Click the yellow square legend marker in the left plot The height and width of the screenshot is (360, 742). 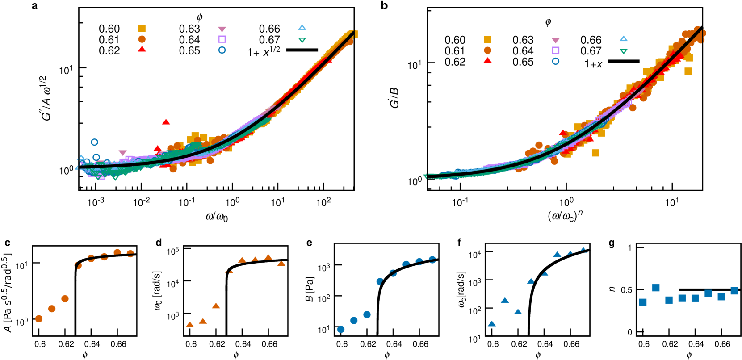(142, 29)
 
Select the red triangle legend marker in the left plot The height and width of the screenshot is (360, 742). (142, 49)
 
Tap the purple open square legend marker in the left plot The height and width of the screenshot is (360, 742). (222, 39)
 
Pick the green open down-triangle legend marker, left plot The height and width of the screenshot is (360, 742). (302, 40)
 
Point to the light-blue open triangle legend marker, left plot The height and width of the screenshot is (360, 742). (302, 28)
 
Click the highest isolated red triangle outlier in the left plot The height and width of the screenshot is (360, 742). (166, 122)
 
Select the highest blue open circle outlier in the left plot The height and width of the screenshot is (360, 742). (95, 142)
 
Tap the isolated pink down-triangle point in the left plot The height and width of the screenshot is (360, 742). (123, 153)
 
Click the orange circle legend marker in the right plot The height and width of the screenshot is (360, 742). (487, 50)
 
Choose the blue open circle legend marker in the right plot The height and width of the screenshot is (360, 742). (556, 61)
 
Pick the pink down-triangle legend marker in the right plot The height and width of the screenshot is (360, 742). (556, 40)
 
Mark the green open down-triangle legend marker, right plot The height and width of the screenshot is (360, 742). (624, 51)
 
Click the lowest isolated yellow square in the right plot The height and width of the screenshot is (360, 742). (595, 153)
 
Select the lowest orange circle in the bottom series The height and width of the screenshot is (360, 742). (39, 318)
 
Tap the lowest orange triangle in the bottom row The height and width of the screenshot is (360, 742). (190, 325)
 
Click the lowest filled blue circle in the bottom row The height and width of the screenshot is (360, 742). (341, 329)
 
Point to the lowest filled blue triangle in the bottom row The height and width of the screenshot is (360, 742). (492, 324)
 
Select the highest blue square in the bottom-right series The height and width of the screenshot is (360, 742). (656, 288)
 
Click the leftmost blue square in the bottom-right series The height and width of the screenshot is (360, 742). (643, 302)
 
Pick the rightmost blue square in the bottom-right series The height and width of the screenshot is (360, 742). (734, 291)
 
